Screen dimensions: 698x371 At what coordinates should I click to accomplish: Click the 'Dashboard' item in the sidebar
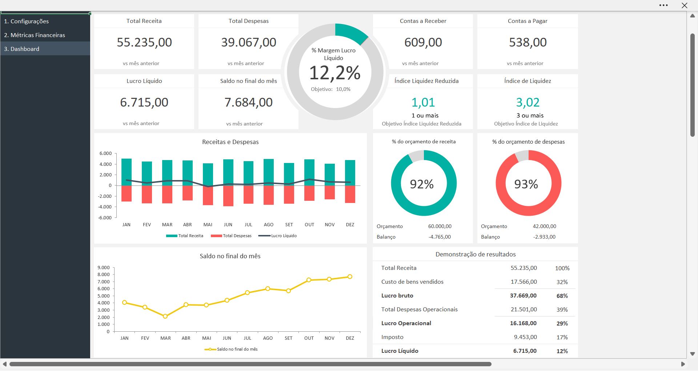[25, 49]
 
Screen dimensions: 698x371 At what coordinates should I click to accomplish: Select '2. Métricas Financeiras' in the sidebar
[35, 35]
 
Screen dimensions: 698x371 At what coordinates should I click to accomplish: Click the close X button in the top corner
[684, 5]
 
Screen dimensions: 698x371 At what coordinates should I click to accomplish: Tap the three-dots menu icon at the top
[663, 5]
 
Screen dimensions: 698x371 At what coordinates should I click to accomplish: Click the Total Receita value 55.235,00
[144, 42]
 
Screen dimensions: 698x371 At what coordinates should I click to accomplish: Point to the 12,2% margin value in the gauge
[335, 73]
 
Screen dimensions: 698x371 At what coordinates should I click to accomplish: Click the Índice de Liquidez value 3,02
[527, 102]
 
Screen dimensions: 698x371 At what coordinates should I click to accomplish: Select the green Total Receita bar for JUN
[228, 172]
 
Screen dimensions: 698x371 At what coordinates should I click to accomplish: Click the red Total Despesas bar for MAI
[208, 195]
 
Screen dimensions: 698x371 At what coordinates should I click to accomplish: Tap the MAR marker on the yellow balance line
[165, 316]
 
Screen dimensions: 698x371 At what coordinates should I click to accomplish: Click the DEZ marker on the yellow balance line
[350, 277]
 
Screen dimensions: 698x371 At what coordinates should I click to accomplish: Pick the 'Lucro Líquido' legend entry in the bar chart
[278, 236]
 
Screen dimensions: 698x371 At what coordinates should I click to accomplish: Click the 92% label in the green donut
[422, 184]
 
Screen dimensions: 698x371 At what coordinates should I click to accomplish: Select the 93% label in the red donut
[526, 184]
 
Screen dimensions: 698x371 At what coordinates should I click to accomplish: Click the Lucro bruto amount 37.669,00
[523, 296]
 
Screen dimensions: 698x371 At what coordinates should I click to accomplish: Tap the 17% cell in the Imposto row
[562, 337]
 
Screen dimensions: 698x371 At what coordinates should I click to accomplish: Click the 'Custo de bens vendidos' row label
[412, 282]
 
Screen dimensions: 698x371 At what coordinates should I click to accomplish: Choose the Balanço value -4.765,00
[440, 237]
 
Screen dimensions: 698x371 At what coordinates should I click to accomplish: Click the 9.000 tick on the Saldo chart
[104, 268]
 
